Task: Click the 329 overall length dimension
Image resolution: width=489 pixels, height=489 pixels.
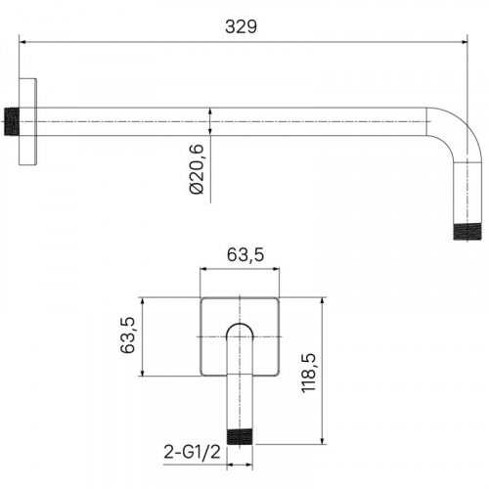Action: (x=241, y=26)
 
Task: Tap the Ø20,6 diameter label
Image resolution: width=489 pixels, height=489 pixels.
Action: (x=198, y=169)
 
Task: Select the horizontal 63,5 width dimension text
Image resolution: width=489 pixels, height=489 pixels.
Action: (x=245, y=254)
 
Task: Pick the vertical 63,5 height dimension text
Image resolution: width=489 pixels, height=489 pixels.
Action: (x=127, y=335)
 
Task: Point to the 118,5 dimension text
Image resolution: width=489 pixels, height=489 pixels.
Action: (x=308, y=373)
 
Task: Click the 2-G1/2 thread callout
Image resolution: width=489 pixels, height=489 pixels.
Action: (x=192, y=452)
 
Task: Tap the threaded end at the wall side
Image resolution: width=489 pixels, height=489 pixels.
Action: (x=12, y=121)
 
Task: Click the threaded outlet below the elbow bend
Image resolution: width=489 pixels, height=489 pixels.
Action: (x=467, y=232)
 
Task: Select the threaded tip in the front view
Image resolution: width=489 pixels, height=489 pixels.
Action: (x=240, y=437)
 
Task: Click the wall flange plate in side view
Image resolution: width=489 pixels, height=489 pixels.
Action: (x=27, y=121)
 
